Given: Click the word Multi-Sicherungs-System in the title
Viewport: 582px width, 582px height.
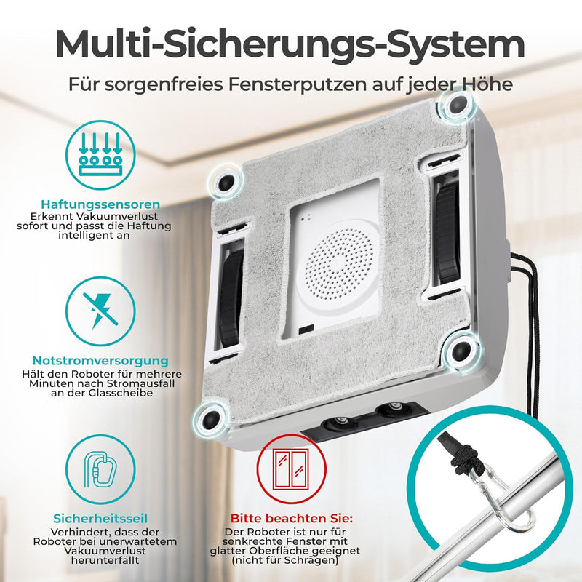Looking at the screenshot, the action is [290, 45].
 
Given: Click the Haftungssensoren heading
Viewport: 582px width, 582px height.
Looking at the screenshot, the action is [100, 204].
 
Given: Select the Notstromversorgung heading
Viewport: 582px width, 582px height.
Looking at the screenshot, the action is [100, 361].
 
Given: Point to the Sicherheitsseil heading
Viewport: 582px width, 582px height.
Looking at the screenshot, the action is [100, 519].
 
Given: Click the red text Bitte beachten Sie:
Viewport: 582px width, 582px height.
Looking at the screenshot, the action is [292, 518].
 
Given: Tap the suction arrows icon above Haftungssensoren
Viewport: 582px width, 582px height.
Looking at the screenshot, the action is [100, 155].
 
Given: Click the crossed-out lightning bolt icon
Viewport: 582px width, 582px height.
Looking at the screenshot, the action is [100, 311].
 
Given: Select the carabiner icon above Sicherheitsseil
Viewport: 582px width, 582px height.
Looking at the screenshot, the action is [100, 469].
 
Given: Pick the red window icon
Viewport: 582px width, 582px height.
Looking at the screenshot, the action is [292, 469].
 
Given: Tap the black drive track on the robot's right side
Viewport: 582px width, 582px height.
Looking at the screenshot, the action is [447, 229].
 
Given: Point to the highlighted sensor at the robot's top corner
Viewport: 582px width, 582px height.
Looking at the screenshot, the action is [457, 105].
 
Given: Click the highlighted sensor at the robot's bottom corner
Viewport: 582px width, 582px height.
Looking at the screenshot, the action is [210, 419].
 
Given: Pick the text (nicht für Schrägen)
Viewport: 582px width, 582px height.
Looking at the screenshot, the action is [285, 560].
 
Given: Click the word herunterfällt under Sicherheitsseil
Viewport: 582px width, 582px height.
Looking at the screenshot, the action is [105, 560].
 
